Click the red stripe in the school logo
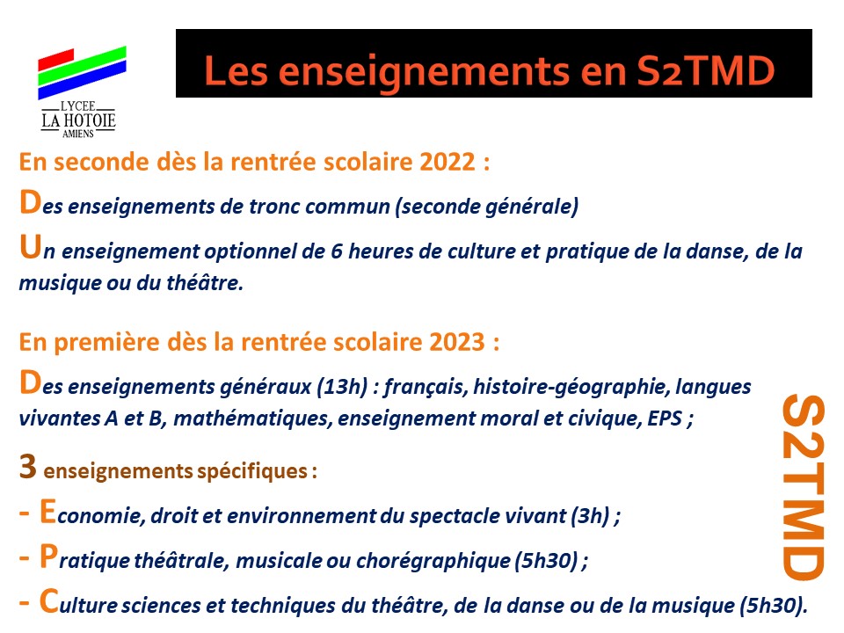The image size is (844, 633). pos(55,60)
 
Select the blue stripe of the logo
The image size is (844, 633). pos(82,80)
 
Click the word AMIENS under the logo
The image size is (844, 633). pos(78,134)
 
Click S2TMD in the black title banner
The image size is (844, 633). pos(706,71)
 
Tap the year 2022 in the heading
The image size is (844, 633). pos(447,162)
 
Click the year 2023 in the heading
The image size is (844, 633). pos(457,342)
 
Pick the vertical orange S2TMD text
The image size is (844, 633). pos(803,487)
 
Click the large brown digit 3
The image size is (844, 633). pos(27,466)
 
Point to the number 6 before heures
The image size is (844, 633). pos(337,251)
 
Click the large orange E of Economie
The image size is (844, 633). pos(47,512)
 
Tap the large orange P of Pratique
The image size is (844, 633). pos(48,556)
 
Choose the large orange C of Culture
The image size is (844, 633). pos(49,600)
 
